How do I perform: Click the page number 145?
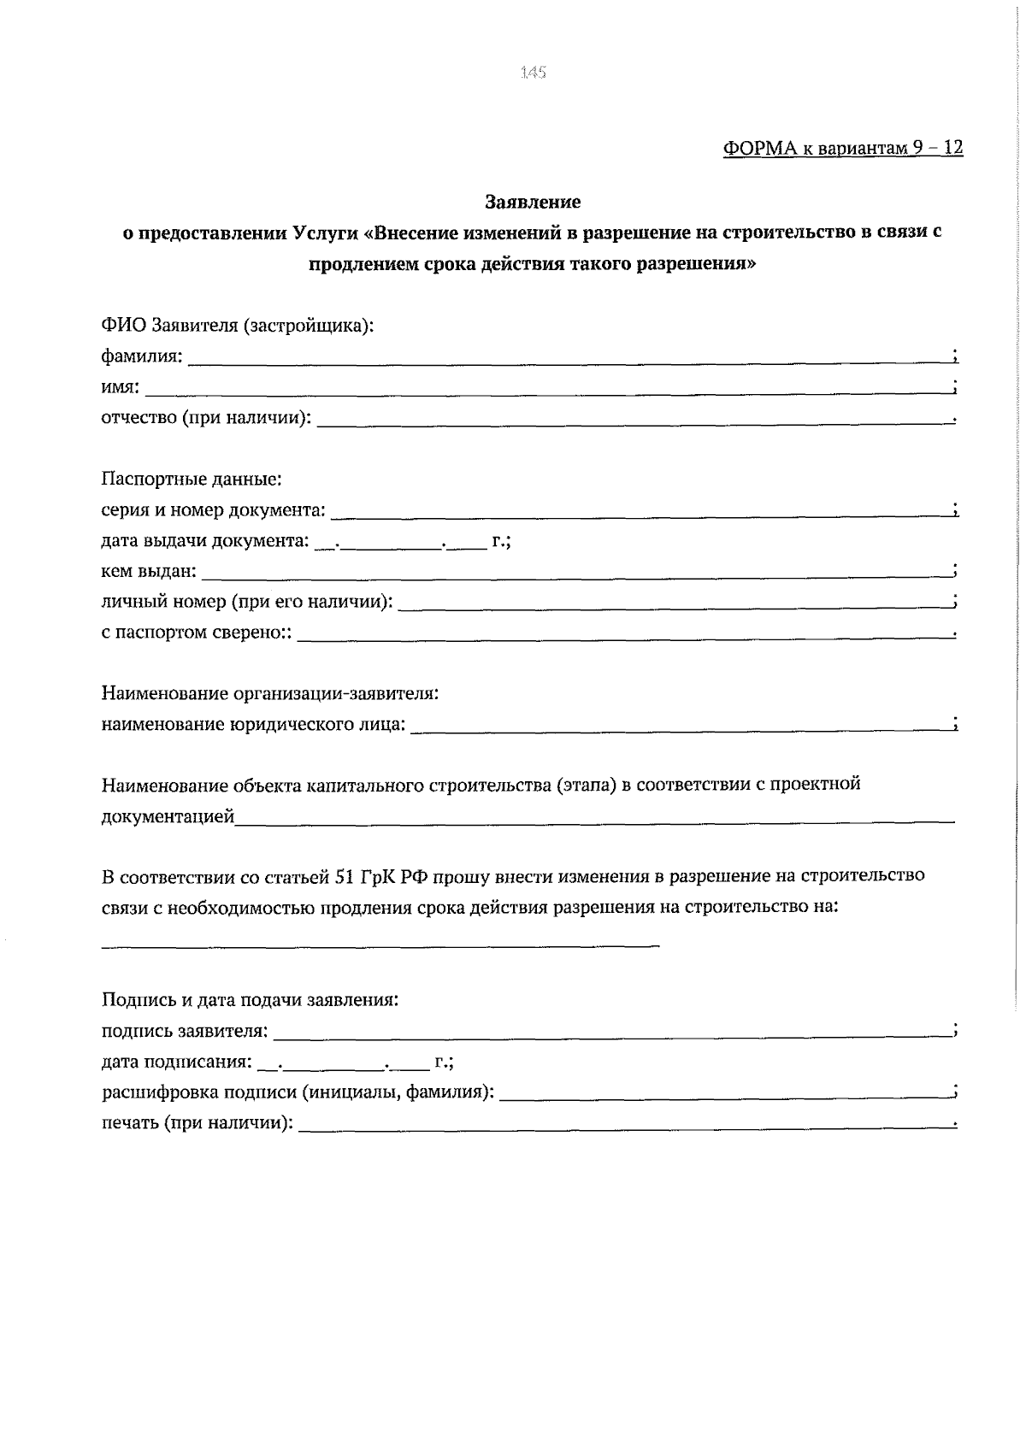click(x=532, y=73)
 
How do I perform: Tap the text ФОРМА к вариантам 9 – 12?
click(x=843, y=148)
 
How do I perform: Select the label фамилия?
click(x=142, y=356)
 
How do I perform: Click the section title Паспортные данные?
click(x=192, y=480)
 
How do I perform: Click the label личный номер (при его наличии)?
click(x=247, y=602)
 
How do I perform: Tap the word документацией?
click(x=168, y=817)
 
